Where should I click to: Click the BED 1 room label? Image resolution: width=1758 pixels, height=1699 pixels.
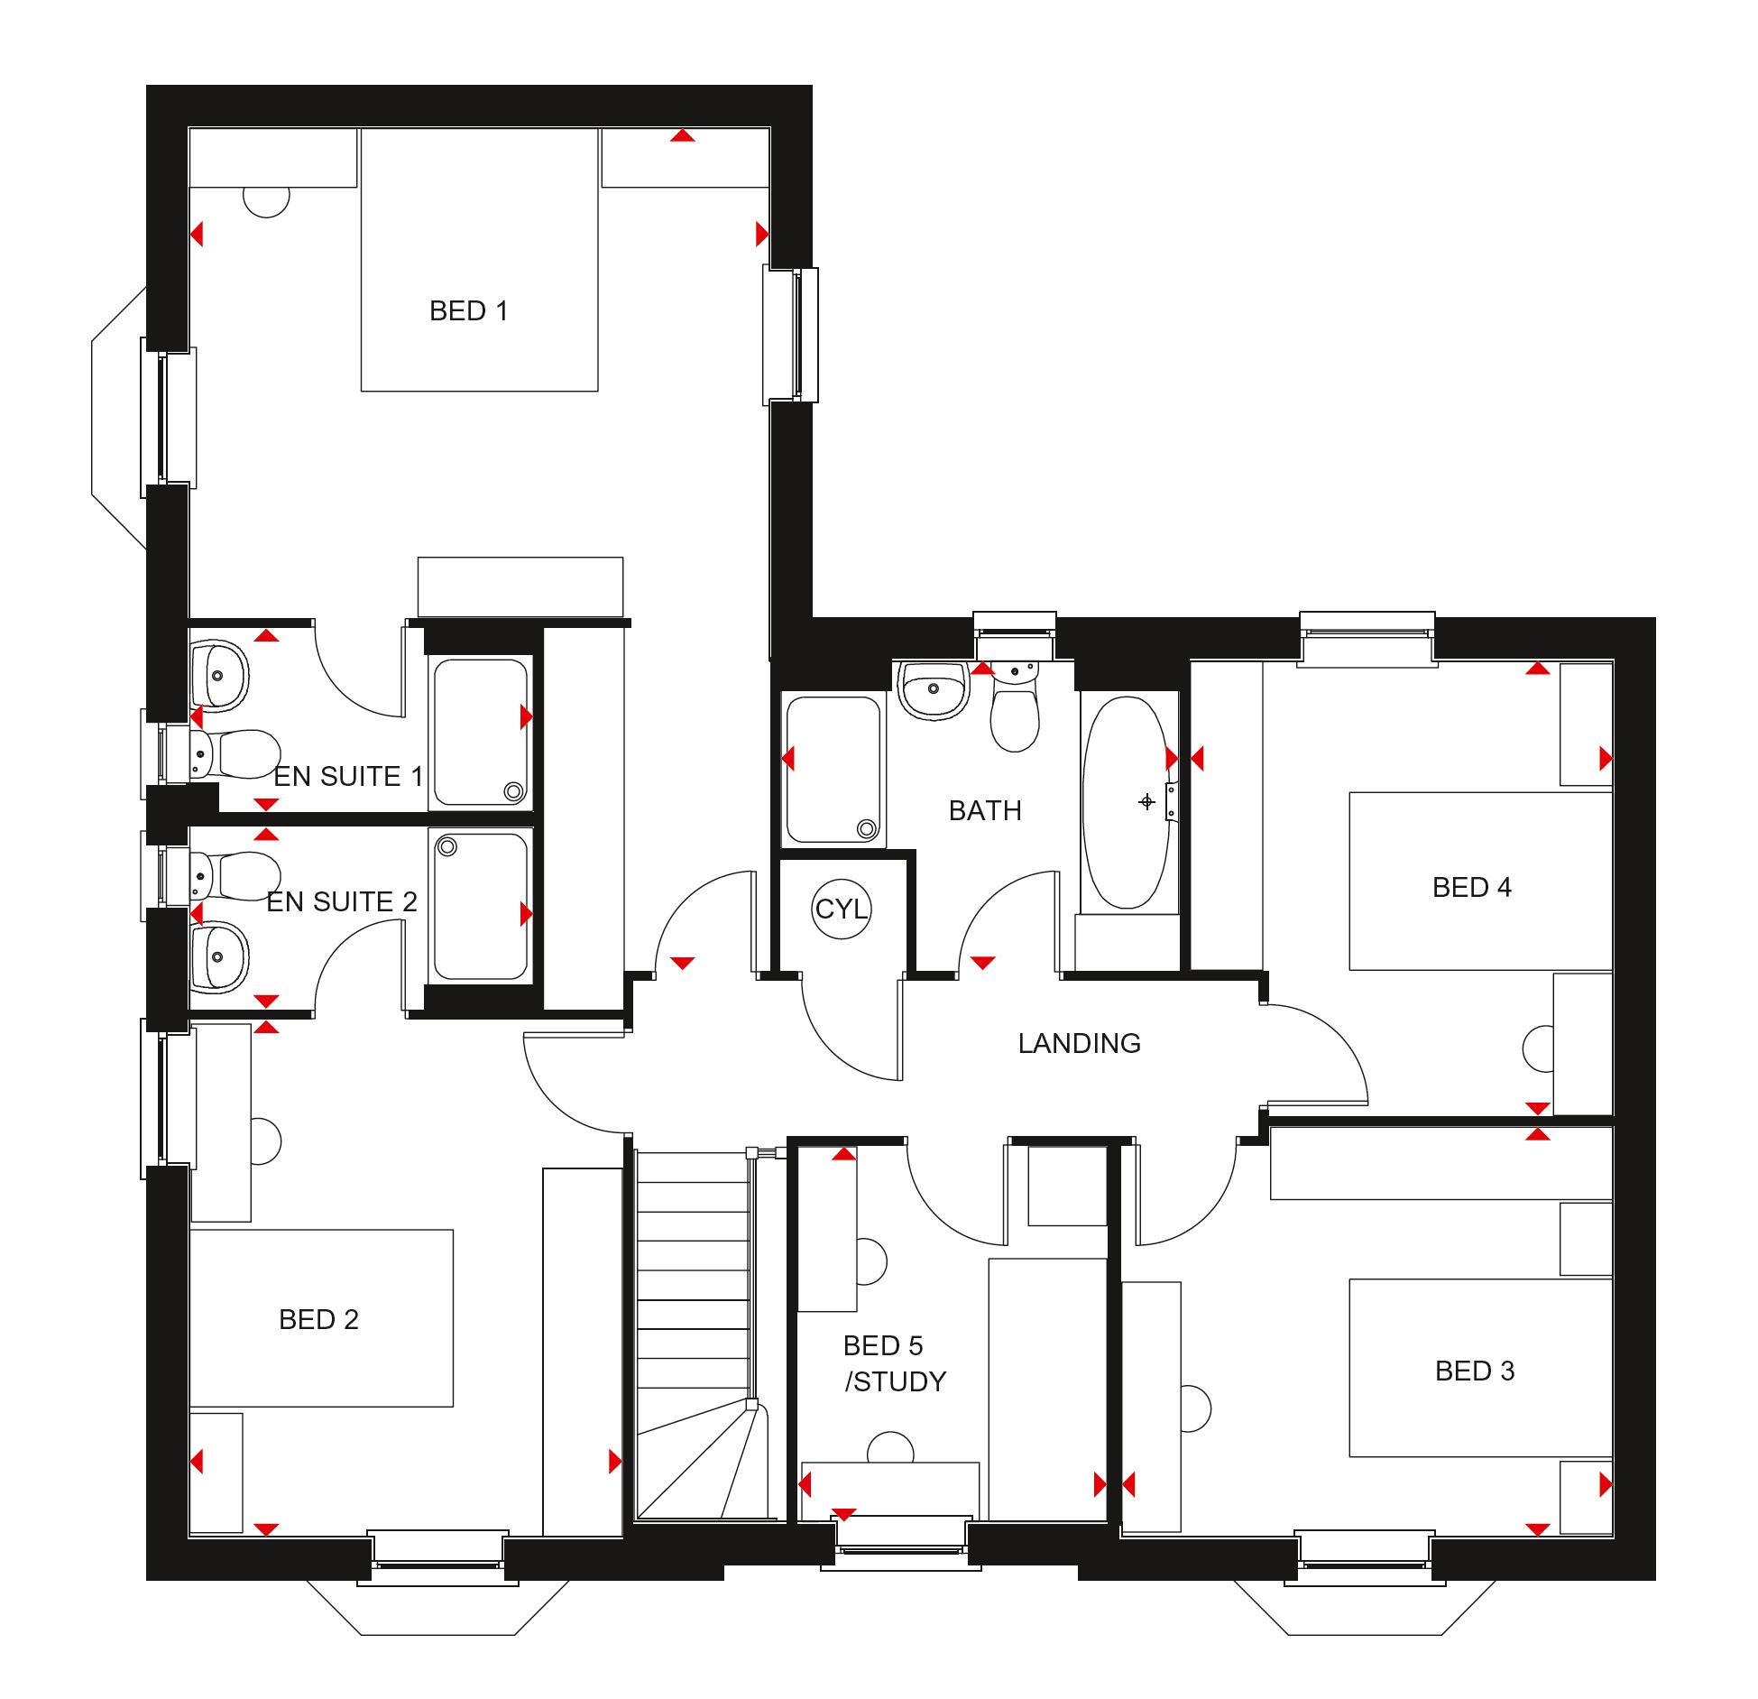[x=468, y=311]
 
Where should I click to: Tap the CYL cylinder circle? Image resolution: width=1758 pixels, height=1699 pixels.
[x=841, y=909]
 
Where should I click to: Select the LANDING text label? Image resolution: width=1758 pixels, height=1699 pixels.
[x=1079, y=1043]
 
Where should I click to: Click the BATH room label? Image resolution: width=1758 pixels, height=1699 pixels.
[x=985, y=810]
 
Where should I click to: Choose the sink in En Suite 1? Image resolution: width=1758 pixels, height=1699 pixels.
[x=217, y=675]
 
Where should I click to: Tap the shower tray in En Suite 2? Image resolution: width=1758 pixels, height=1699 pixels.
[x=480, y=905]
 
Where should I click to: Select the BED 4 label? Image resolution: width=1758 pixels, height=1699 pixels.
[x=1471, y=887]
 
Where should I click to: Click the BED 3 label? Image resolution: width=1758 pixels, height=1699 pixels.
[x=1475, y=1371]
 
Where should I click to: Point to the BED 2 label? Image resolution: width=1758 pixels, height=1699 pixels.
[x=318, y=1319]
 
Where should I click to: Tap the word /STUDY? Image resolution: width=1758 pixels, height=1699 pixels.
[x=895, y=1381]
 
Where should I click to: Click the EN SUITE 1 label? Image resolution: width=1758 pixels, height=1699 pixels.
[x=348, y=776]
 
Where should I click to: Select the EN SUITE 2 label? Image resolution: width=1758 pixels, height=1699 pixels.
[x=342, y=901]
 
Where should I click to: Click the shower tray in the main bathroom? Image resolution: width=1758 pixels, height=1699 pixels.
[x=833, y=770]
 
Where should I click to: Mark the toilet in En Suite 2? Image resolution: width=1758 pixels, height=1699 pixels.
[x=234, y=876]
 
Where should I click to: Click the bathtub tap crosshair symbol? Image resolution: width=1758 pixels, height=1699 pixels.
[x=1146, y=801]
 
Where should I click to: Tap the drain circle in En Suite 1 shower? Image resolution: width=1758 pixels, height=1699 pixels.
[x=513, y=792]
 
